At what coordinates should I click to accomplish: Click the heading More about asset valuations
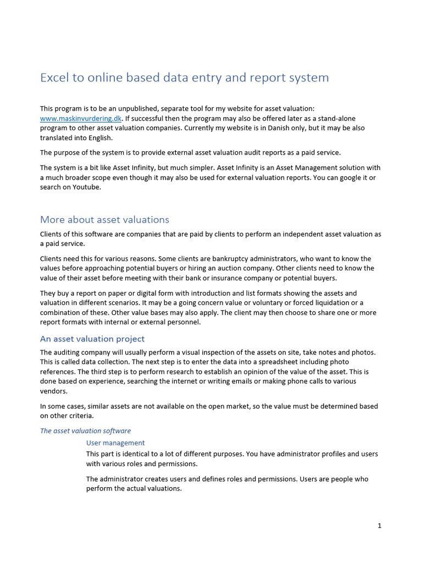pyautogui.click(x=104, y=219)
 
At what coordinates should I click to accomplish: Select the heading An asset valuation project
pyautogui.click(x=92, y=339)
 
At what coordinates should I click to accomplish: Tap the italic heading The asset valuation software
pyautogui.click(x=85, y=430)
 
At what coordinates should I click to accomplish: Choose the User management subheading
pyautogui.click(x=115, y=443)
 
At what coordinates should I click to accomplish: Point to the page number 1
pyautogui.click(x=379, y=526)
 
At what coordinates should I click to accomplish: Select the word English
pyautogui.click(x=99, y=138)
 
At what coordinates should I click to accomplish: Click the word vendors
pyautogui.click(x=53, y=391)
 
